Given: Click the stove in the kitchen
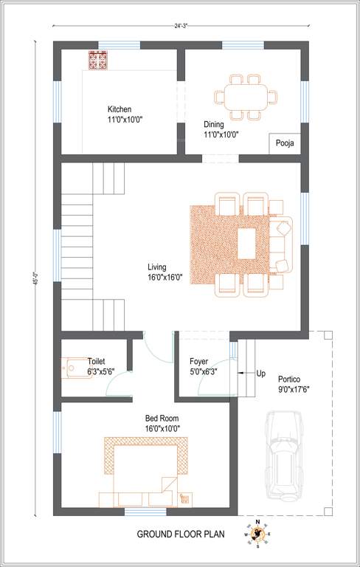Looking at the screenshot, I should coord(99,61).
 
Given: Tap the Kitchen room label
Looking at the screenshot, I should coord(120,109).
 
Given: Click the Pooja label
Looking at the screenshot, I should coord(285,143).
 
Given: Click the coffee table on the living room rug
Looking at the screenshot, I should coord(246,243).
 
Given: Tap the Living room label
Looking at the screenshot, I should coord(156,267).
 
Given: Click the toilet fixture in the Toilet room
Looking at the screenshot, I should coord(74,367).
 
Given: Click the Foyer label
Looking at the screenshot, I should coord(198,362).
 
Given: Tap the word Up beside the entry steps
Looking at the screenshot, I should coord(260,374).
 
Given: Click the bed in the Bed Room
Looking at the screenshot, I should coord(145,471).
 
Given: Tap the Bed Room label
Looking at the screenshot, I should coord(162,418).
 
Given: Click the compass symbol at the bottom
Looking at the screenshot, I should coord(257,534).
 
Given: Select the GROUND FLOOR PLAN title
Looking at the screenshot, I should coord(180,534).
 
